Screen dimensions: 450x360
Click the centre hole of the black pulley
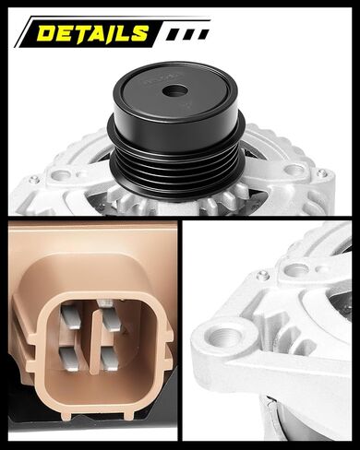[x=175, y=91]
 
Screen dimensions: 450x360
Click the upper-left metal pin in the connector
[x=70, y=316]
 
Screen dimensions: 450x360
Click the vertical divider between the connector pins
[x=90, y=337]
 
